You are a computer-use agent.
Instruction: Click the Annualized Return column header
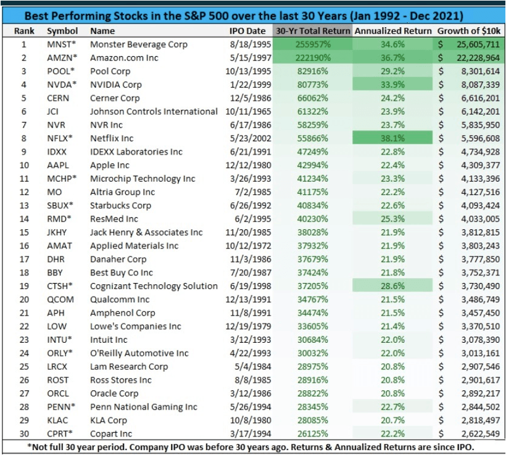393,31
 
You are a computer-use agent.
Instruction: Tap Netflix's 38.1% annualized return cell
393,138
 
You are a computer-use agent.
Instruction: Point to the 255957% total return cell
312,44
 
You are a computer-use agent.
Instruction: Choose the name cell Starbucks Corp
120,205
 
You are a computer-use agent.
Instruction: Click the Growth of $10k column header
468,31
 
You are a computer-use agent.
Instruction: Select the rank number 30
24,433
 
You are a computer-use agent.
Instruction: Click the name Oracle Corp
114,393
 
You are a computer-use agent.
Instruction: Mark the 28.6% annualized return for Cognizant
393,285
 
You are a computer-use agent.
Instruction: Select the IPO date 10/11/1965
245,112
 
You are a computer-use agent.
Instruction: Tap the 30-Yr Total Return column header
312,31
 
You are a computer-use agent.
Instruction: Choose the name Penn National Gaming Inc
143,406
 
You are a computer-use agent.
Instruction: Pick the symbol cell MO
54,192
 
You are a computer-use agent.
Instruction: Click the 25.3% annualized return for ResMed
393,219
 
